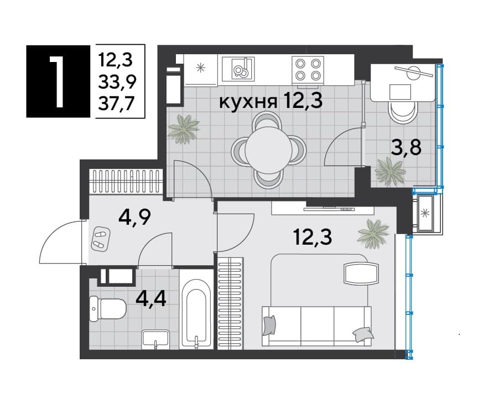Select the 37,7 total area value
click(116, 104)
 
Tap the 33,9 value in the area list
click(117, 82)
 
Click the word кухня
click(248, 101)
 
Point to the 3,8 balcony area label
click(406, 148)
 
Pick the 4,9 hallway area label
click(135, 216)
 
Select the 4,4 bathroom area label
click(151, 298)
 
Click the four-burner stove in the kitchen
click(308, 70)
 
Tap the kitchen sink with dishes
click(238, 69)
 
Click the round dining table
click(268, 150)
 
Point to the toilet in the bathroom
click(108, 309)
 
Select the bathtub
click(196, 318)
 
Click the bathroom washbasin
click(155, 339)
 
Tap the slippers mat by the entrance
click(100, 239)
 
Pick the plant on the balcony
click(391, 170)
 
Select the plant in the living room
click(373, 233)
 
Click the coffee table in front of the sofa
click(361, 273)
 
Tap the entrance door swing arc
click(53, 235)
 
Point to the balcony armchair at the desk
click(404, 112)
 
